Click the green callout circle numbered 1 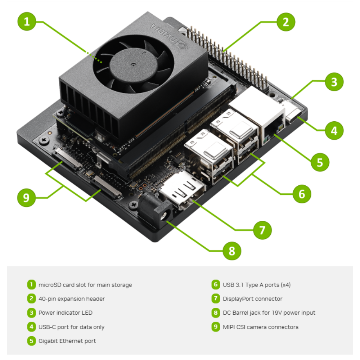(x=27, y=22)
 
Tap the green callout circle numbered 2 (x=286, y=22)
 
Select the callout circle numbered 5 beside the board (x=320, y=162)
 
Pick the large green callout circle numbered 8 (x=232, y=251)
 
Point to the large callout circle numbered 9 (x=26, y=198)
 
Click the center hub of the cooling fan (x=133, y=65)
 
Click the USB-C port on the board (x=294, y=116)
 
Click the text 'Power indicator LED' (x=66, y=313)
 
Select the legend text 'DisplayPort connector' (x=253, y=299)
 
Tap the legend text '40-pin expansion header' (x=71, y=299)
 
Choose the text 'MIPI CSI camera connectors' (x=261, y=327)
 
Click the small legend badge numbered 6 (x=216, y=284)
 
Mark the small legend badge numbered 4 (x=31, y=327)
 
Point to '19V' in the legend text (x=277, y=313)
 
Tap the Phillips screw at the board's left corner (x=44, y=140)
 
